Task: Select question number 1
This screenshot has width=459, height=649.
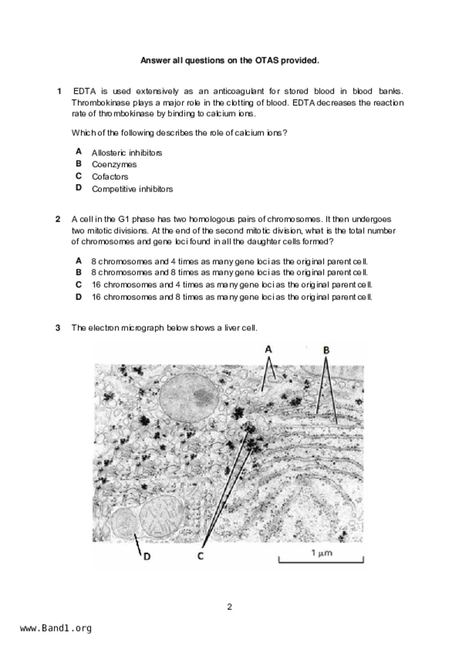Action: click(x=59, y=91)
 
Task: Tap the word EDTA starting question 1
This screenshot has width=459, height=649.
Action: click(x=84, y=91)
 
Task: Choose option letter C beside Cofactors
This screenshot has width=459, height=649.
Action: click(x=79, y=176)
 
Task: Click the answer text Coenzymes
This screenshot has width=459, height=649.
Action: click(x=114, y=164)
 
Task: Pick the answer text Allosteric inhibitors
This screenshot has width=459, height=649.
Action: click(x=127, y=153)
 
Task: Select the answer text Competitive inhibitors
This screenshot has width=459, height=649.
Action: click(x=132, y=189)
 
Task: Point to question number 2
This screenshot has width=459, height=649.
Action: click(x=58, y=219)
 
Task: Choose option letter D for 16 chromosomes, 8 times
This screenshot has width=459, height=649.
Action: click(x=79, y=297)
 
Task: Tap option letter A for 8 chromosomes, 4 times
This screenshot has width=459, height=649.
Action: click(x=79, y=261)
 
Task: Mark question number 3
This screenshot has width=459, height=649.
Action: click(x=58, y=328)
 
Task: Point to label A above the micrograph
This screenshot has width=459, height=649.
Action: click(x=269, y=349)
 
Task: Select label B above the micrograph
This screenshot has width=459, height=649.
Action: click(x=326, y=350)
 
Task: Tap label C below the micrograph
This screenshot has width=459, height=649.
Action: click(x=200, y=556)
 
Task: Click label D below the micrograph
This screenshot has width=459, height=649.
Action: click(x=147, y=556)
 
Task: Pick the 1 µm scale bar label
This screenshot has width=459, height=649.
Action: click(x=321, y=553)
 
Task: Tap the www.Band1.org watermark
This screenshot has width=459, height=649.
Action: click(x=56, y=628)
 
